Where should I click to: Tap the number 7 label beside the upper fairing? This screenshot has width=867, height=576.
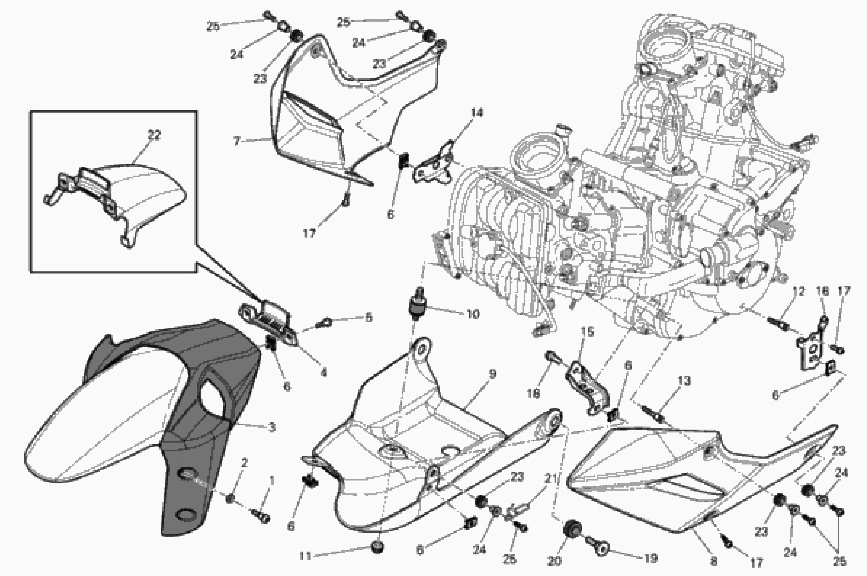coord(237,141)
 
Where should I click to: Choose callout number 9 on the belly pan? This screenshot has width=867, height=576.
coord(493,374)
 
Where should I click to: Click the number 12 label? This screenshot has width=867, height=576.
coord(798,291)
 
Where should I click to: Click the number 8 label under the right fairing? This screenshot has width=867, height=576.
coord(713,561)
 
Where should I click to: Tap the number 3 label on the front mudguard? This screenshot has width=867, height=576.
coord(272,427)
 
